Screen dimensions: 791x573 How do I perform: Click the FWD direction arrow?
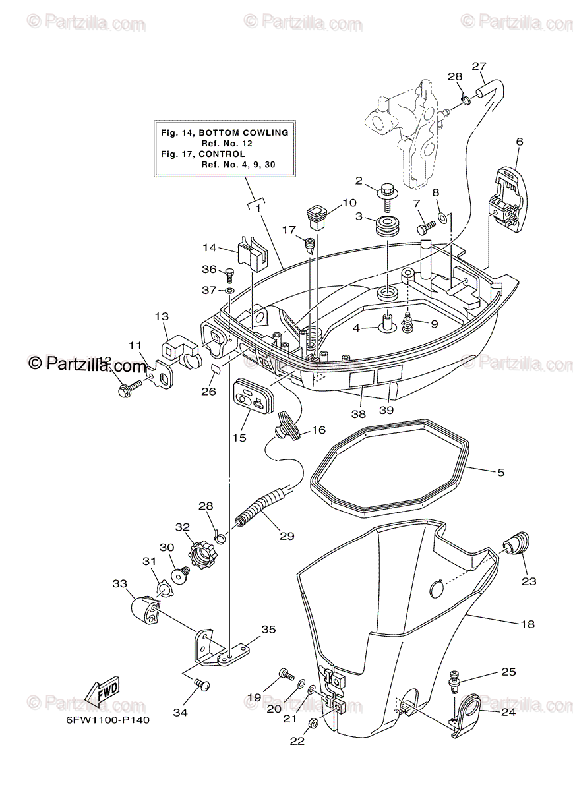[x=102, y=693]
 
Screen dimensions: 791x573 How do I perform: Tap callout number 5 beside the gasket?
[x=500, y=472]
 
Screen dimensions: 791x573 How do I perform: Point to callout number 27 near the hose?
[x=479, y=66]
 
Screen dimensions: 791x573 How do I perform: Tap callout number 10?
[x=349, y=203]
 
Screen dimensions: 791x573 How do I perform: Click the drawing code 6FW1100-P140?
[x=107, y=720]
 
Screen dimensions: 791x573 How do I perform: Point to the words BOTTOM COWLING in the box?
[x=248, y=132]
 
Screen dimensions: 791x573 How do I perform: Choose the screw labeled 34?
[x=201, y=688]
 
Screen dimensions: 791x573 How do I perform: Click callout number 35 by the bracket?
[x=268, y=629]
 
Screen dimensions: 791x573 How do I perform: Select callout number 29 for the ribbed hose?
[x=286, y=536]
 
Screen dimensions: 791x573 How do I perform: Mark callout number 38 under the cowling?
[x=358, y=415]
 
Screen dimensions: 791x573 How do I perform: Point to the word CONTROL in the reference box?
[x=225, y=154]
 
